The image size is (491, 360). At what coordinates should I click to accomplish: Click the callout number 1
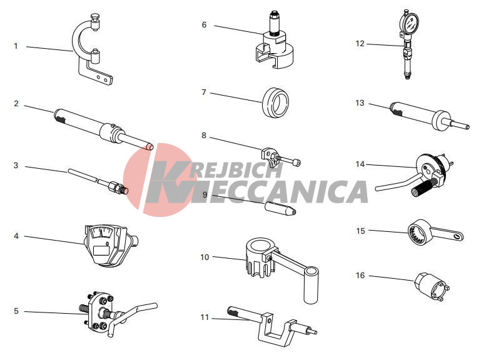pos(16,46)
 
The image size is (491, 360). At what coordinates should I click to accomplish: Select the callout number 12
pos(360,44)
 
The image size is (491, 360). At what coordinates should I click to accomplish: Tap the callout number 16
pos(360,275)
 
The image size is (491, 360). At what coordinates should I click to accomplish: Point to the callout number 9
pos(205,195)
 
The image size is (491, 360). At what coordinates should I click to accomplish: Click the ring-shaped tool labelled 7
pos(275,102)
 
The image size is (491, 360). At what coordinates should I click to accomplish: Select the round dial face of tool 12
pos(409,23)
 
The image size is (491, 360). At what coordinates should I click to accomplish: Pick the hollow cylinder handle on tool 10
pos(311,285)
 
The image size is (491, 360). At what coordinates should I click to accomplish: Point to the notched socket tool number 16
pos(432,286)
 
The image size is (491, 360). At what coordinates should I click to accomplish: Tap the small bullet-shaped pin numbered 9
pos(280,208)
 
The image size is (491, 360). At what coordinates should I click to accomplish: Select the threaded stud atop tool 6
pos(275,23)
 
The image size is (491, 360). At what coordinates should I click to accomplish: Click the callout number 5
pos(16,311)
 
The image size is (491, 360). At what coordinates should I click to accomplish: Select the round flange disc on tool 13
pos(440,120)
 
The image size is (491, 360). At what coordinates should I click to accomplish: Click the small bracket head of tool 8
pos(270,155)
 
